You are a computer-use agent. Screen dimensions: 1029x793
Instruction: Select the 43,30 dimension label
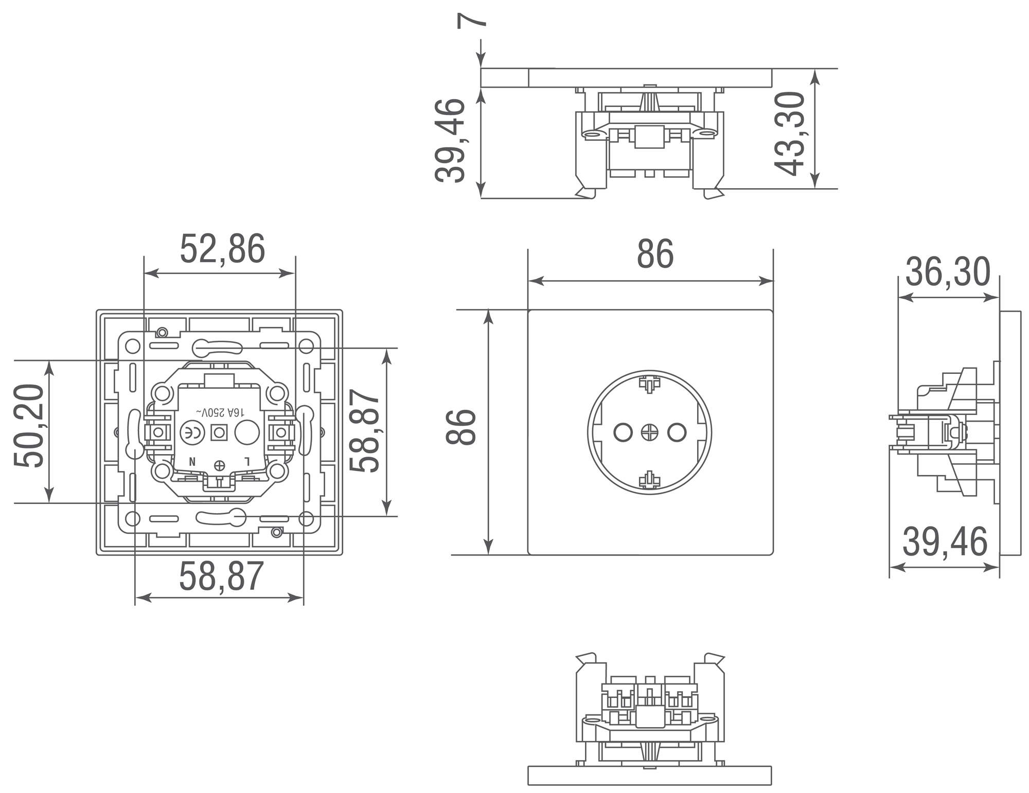[x=790, y=133]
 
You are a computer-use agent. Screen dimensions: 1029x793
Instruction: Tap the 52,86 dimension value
[x=222, y=248]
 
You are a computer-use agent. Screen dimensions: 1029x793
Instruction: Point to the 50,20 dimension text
[x=29, y=426]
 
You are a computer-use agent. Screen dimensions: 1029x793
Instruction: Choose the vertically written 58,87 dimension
[x=364, y=431]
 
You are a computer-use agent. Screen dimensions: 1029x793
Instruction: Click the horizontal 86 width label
[x=655, y=254]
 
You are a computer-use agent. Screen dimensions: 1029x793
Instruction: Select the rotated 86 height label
[x=461, y=427]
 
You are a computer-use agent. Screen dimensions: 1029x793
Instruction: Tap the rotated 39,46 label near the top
[x=450, y=140]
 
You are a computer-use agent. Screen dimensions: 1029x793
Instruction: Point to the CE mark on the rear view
[x=192, y=432]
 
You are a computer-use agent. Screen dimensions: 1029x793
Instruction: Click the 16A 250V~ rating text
[x=220, y=412]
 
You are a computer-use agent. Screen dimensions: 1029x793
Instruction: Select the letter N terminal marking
[x=192, y=461]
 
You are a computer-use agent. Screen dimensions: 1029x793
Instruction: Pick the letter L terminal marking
[x=247, y=461]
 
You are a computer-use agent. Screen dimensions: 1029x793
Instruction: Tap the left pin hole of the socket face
[x=623, y=432]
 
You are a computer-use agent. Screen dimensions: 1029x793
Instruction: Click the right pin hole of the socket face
[x=677, y=432]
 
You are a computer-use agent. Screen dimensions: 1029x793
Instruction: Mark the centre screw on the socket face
[x=649, y=432]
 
